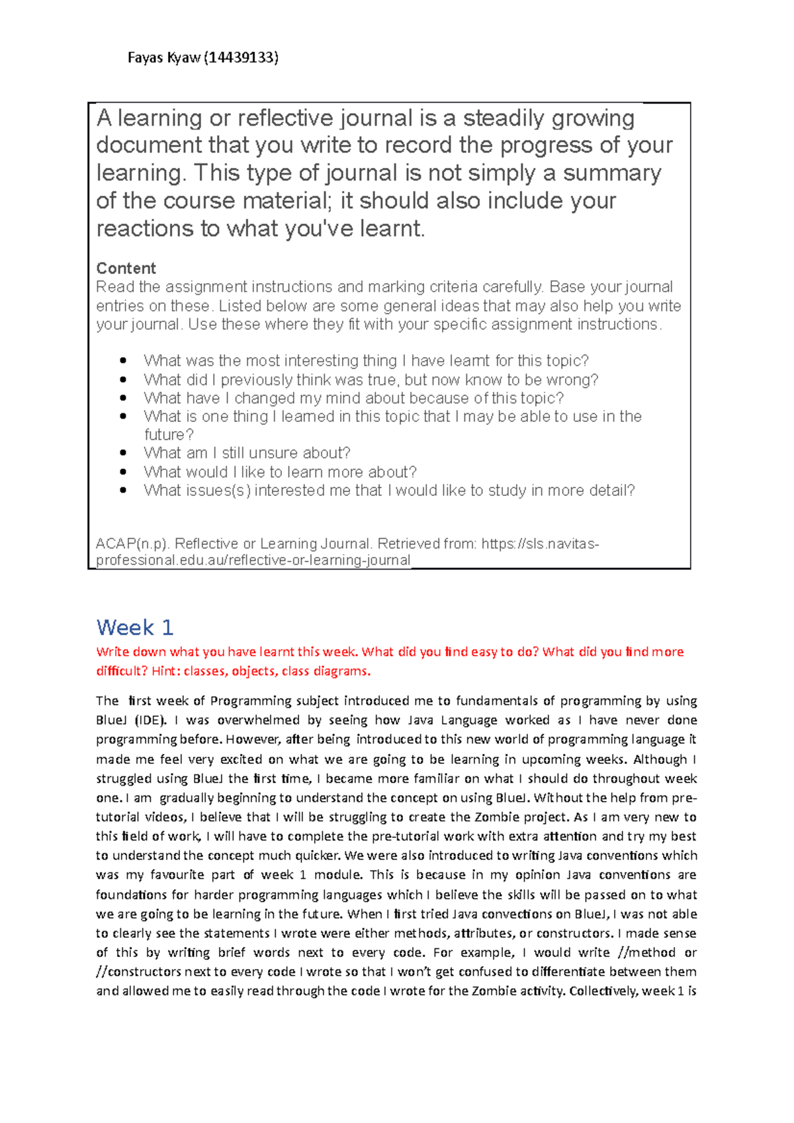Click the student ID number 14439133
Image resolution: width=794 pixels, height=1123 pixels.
[x=242, y=58]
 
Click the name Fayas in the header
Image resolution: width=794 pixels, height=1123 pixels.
[x=145, y=58]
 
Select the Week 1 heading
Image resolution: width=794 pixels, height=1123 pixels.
[x=135, y=627]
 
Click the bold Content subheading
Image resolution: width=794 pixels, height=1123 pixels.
[x=126, y=268]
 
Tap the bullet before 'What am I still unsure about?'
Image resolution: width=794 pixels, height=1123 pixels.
[x=123, y=453]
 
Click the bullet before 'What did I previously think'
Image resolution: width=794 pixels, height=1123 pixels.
[x=123, y=380]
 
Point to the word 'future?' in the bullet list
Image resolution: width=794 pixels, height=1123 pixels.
[x=169, y=435]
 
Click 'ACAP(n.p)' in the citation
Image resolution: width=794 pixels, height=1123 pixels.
[x=132, y=544]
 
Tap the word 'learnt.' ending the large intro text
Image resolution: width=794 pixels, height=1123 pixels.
[x=392, y=229]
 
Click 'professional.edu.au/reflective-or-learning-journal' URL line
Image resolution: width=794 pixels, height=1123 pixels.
[x=253, y=560]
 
